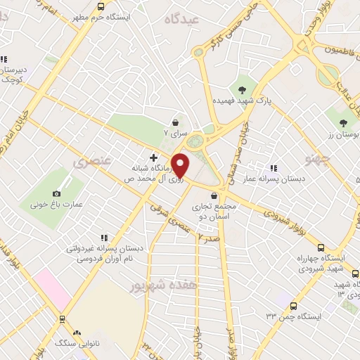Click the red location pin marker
pos(181,165)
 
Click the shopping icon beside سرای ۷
pos(174,122)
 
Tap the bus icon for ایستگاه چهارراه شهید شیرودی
pos(321,247)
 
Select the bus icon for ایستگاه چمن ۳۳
pos(293,306)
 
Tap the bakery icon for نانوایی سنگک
pos(77,333)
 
